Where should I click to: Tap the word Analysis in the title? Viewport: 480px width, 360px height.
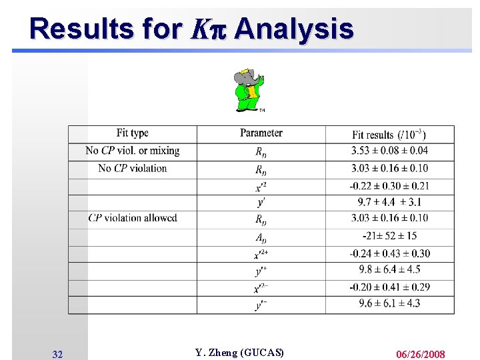(x=293, y=29)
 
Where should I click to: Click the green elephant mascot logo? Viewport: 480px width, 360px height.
(x=249, y=90)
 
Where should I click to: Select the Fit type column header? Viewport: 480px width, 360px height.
(x=132, y=133)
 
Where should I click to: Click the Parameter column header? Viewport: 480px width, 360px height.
(x=261, y=133)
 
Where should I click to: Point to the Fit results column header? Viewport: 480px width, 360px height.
(x=390, y=135)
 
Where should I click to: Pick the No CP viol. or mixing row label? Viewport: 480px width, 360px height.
(x=133, y=151)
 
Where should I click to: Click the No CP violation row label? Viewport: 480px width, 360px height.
(x=133, y=168)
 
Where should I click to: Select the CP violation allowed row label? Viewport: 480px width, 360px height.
(x=133, y=218)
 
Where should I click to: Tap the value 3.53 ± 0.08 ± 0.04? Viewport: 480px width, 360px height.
(x=390, y=151)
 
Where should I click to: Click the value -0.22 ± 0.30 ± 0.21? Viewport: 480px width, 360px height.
(x=390, y=185)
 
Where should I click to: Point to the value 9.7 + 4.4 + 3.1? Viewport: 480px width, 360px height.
(x=390, y=202)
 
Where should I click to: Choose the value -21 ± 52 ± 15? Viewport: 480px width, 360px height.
(x=390, y=235)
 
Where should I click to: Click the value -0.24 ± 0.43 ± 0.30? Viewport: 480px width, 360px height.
(x=390, y=253)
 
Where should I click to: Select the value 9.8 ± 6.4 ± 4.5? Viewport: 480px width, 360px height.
(x=390, y=270)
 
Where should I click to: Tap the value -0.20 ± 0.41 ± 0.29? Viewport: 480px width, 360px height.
(x=390, y=287)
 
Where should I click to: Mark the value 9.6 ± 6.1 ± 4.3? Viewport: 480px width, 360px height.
(x=390, y=304)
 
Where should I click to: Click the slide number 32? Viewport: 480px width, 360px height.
(x=57, y=355)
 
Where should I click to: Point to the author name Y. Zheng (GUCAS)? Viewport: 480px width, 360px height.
(x=239, y=353)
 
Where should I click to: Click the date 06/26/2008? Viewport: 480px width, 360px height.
(x=420, y=354)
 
